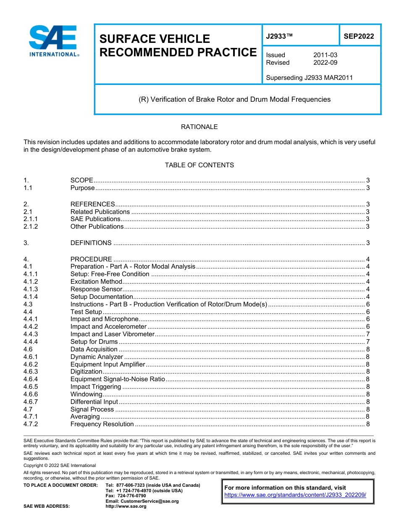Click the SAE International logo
pyautogui.click(x=54, y=41)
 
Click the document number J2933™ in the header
pyautogui.click(x=279, y=36)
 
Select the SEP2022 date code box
pyautogui.click(x=359, y=36)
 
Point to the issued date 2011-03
pyautogui.click(x=325, y=55)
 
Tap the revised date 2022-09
pyautogui.click(x=325, y=63)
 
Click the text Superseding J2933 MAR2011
pyautogui.click(x=309, y=77)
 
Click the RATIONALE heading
pyautogui.click(x=199, y=127)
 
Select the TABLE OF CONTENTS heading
pyautogui.click(x=199, y=165)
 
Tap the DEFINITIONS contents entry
pyautogui.click(x=91, y=243)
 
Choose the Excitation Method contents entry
pyautogui.click(x=96, y=282)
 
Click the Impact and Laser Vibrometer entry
pyautogui.click(x=112, y=334)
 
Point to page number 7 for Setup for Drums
pyautogui.click(x=367, y=342)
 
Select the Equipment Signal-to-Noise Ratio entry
pyautogui.click(x=118, y=379)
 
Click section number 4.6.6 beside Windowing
pyautogui.click(x=31, y=394)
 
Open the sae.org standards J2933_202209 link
pyautogui.click(x=295, y=495)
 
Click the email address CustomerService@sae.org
pyautogui.click(x=142, y=501)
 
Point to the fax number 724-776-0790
pyautogui.click(x=131, y=496)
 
